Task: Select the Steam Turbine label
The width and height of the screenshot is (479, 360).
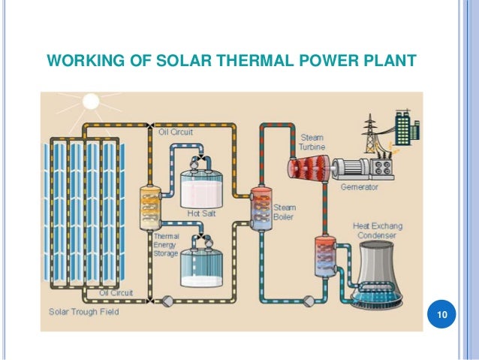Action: (312, 142)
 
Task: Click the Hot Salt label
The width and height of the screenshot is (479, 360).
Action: (200, 213)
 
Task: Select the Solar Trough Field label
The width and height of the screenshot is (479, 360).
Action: (83, 311)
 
